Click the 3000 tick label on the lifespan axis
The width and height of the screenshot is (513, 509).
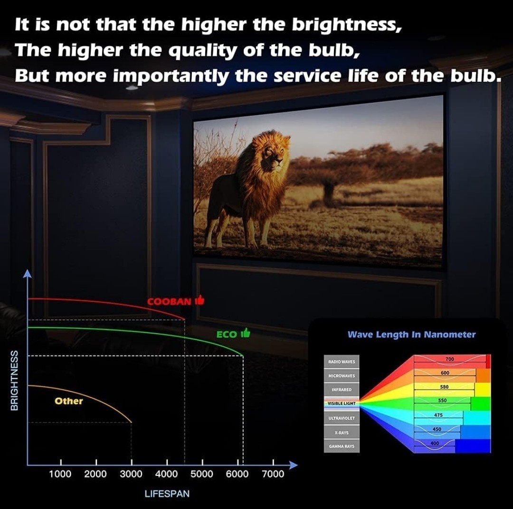[131, 474]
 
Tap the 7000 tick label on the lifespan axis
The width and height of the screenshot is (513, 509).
[273, 474]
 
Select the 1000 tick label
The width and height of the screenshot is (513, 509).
[60, 474]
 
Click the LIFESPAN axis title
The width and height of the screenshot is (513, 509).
[167, 494]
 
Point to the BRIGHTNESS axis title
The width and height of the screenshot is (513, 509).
[14, 380]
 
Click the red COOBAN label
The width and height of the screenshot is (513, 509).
[169, 301]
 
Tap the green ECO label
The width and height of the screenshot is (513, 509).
[227, 334]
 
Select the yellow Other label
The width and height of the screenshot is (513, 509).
[69, 401]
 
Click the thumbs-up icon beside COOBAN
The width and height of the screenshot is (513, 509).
[199, 300]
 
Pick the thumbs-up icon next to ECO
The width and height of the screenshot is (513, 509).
[246, 333]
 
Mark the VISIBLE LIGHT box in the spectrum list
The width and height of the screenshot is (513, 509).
[342, 403]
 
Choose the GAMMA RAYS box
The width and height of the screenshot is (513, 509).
[342, 446]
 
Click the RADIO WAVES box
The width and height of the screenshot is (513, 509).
[342, 362]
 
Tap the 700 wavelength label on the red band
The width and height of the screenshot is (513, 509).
[450, 359]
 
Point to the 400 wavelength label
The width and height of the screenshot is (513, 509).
[435, 443]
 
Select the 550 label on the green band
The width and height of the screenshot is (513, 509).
[442, 400]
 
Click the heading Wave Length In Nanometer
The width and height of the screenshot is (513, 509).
[411, 335]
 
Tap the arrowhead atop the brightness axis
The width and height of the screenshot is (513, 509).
[28, 274]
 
